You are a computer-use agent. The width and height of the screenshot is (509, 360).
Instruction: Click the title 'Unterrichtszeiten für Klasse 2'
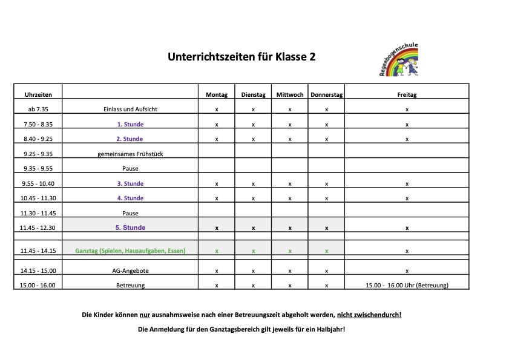tap(241, 57)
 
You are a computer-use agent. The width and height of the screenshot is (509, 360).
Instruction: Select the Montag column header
tap(217, 95)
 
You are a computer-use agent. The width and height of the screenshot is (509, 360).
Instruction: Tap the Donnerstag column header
tap(326, 95)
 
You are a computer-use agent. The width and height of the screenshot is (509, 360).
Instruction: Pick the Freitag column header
tap(407, 95)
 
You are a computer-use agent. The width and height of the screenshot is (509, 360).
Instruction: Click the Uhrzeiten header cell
tap(38, 95)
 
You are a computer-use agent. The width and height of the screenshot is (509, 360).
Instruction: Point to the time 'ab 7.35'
tap(38, 110)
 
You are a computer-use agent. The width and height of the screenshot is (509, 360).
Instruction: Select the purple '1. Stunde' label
tap(130, 125)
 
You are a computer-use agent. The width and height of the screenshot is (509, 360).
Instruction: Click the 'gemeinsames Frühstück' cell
tap(130, 154)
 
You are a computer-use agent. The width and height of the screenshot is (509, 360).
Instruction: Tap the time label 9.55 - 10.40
tap(38, 184)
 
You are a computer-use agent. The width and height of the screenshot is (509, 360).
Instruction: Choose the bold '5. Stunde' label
tap(130, 228)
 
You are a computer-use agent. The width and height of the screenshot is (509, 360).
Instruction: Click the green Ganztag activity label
tap(130, 250)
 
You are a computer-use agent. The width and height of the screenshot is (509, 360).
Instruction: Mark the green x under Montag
tap(217, 250)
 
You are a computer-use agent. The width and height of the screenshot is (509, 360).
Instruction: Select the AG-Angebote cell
tap(130, 271)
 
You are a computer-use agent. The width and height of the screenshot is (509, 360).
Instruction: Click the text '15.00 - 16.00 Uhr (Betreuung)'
tap(407, 286)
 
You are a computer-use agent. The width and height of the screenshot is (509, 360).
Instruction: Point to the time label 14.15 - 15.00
tap(38, 271)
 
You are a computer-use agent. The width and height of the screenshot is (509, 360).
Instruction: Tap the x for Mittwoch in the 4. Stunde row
tap(290, 198)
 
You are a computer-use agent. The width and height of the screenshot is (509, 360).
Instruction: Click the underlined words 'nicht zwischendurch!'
tap(369, 315)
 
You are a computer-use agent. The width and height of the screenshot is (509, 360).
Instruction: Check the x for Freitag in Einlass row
tap(407, 110)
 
